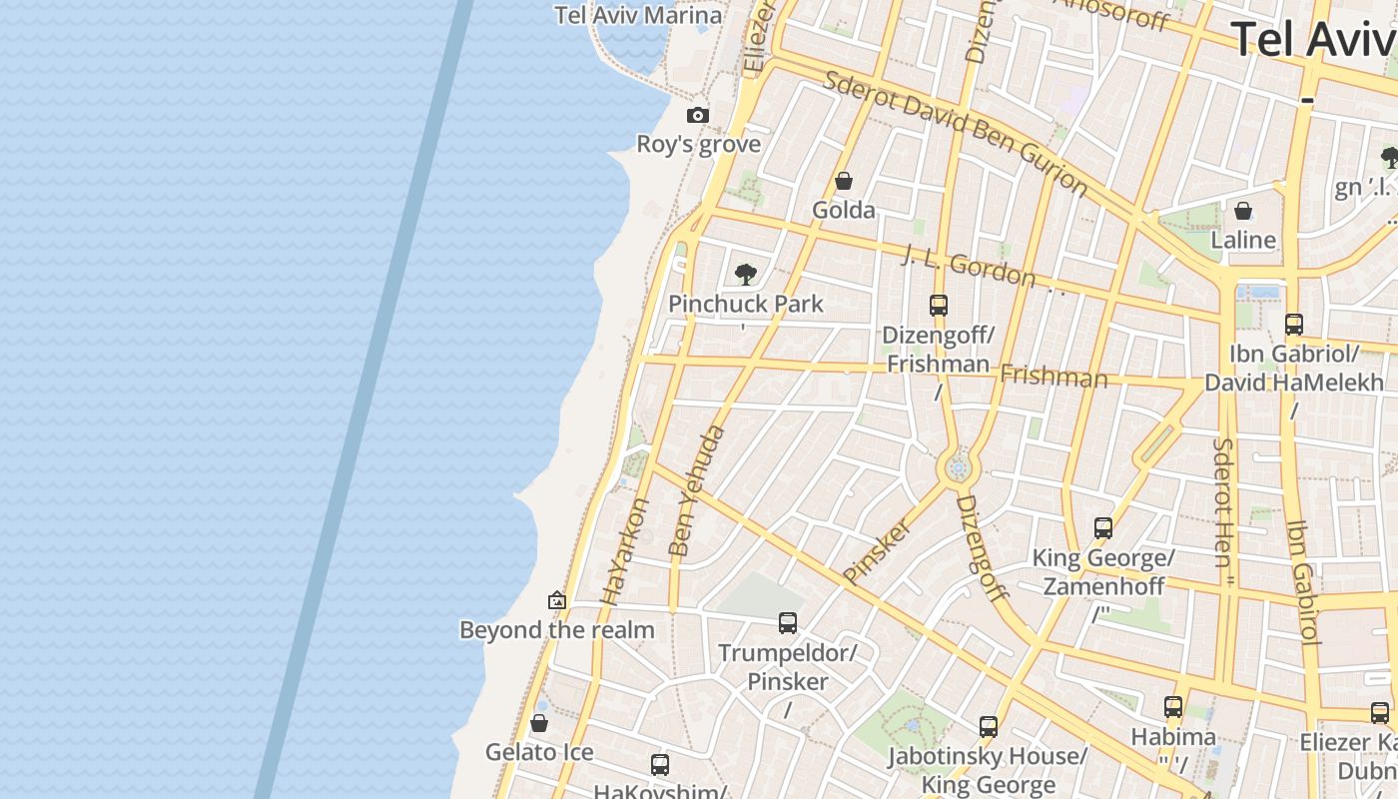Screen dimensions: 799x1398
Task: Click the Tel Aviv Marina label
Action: [x=638, y=15]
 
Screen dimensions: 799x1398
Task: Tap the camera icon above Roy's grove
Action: [x=698, y=116]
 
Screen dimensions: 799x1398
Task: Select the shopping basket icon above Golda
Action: [x=844, y=181]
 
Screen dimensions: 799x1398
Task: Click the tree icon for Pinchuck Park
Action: [x=745, y=274]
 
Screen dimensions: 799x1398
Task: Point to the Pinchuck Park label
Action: [x=746, y=304]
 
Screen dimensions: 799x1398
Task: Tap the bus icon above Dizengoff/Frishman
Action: [x=938, y=306]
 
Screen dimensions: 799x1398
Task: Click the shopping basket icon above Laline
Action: [x=1243, y=211]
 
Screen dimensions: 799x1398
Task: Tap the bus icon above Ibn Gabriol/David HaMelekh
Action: [x=1294, y=324]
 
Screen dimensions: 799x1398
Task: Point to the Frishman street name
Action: [x=1053, y=377]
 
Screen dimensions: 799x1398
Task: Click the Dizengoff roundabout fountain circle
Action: [x=959, y=467]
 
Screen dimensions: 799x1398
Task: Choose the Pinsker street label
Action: [x=877, y=550]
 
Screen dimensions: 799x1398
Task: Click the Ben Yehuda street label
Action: [x=696, y=490]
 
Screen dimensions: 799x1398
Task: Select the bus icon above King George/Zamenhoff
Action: [x=1103, y=528]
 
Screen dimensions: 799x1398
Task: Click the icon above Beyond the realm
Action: [x=557, y=600]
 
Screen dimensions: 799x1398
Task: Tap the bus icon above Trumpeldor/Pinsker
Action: [x=788, y=623]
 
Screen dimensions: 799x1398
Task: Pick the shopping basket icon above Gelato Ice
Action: [x=539, y=722]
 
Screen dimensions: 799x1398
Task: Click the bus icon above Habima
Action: [x=1173, y=707]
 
